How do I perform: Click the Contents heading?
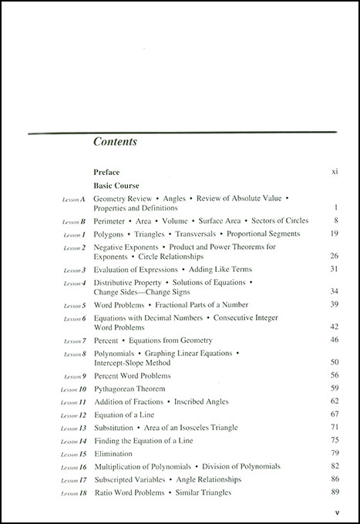tap(115, 142)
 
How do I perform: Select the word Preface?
tap(107, 173)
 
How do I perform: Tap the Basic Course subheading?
tap(116, 186)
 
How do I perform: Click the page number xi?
tap(334, 173)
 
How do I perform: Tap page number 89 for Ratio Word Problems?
tap(335, 492)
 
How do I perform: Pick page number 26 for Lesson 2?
tap(335, 256)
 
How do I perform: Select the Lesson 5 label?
tap(74, 305)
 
